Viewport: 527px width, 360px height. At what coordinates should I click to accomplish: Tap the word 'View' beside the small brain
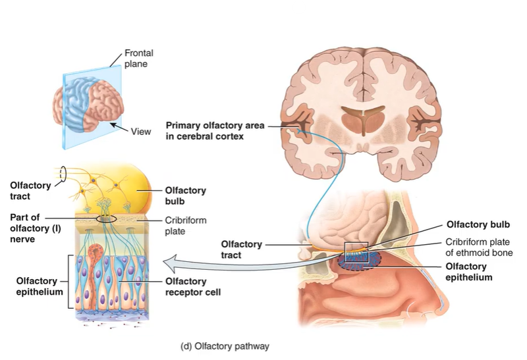[x=140, y=132]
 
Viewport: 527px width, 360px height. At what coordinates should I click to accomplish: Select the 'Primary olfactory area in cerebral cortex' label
[x=205, y=130]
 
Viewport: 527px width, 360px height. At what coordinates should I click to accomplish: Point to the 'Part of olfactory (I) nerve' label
[x=27, y=228]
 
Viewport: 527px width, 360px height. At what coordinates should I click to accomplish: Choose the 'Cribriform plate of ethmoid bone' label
[x=479, y=247]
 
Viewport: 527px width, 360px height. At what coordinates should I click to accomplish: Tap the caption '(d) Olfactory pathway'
[x=225, y=345]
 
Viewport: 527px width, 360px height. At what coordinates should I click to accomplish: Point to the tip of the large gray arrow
[x=165, y=265]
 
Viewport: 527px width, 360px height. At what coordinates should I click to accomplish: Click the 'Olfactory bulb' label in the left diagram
[x=184, y=195]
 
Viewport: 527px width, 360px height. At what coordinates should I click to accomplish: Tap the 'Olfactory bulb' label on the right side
[x=478, y=224]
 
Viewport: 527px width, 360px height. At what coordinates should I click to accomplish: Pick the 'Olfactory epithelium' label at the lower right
[x=470, y=272]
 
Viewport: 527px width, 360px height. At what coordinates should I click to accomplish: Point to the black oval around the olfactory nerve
[x=105, y=218]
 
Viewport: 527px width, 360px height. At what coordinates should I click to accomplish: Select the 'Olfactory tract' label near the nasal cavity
[x=241, y=250]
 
